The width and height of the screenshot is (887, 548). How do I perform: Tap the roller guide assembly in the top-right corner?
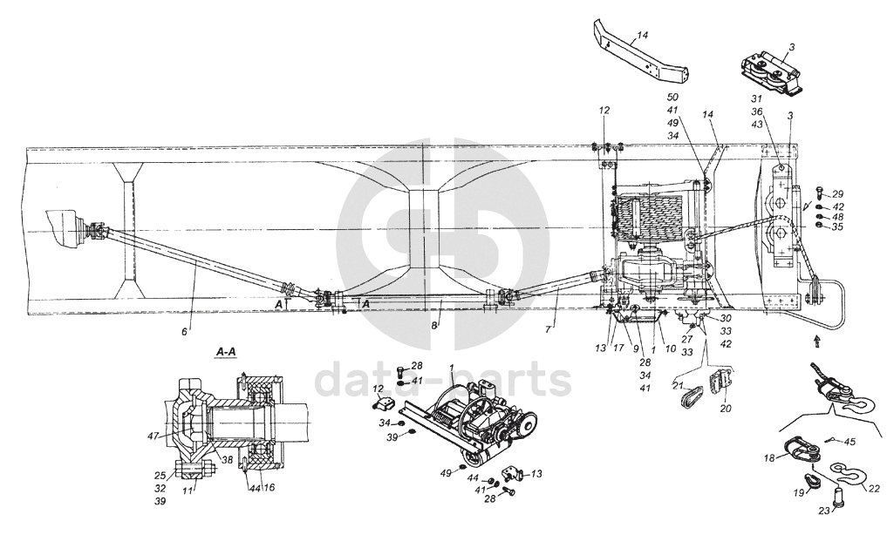tap(771, 70)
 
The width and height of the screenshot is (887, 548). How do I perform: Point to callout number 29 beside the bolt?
tap(837, 193)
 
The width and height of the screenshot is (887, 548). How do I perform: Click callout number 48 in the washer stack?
tap(837, 217)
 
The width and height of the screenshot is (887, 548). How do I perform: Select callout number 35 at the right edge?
tap(837, 227)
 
